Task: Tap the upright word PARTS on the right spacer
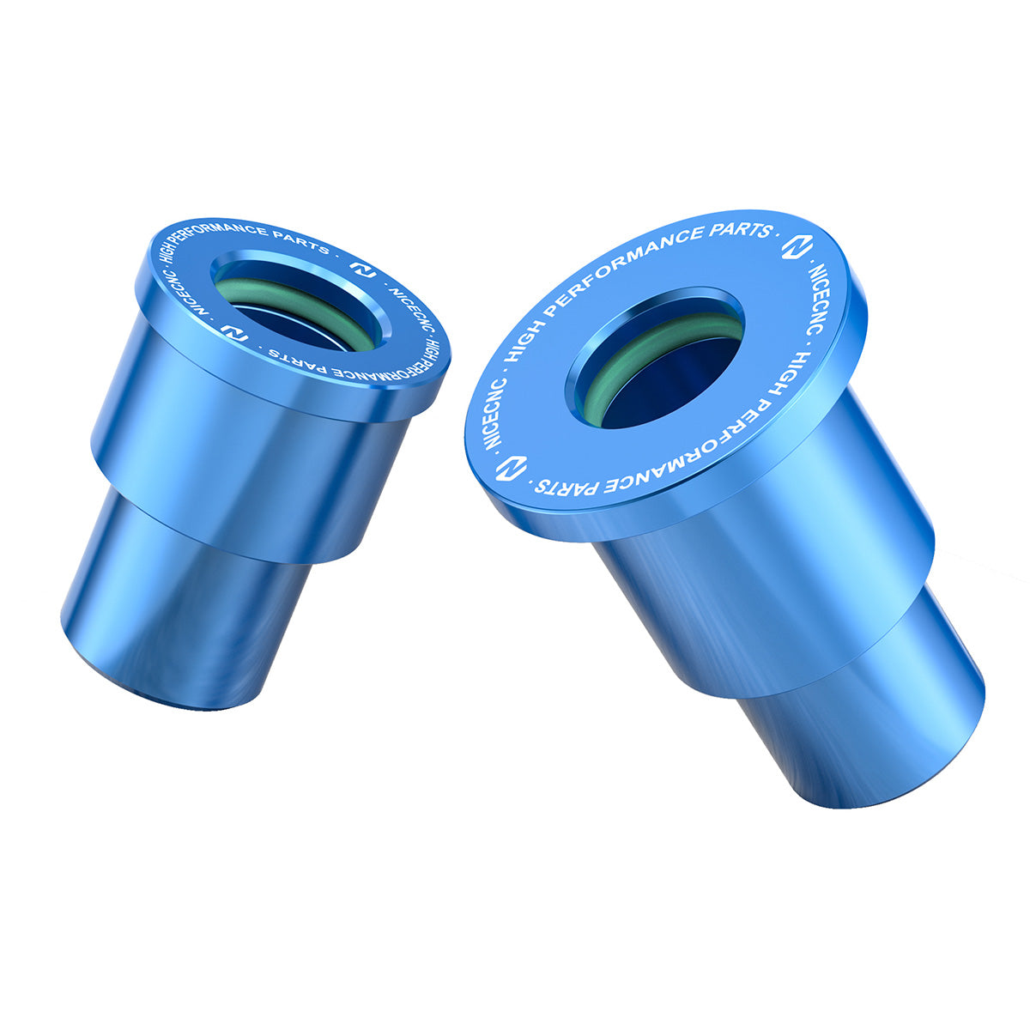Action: [736, 231]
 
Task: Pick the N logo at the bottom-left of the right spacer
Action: [513, 469]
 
